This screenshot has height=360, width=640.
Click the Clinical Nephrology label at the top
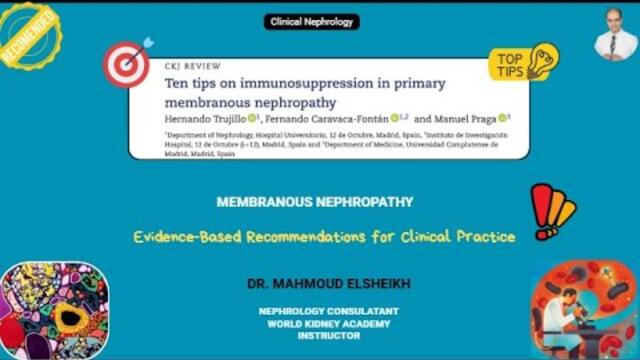coord(313,21)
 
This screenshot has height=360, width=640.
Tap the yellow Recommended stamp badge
coord(28,38)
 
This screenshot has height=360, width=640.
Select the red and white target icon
coord(126,64)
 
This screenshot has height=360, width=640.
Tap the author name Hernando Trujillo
coord(206,118)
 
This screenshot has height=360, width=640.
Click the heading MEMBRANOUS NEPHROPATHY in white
coord(315,202)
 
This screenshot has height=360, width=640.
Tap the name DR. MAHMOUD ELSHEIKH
coord(315,285)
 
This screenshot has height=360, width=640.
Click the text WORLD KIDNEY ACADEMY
coord(315,322)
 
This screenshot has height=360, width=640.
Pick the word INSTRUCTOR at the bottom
coord(315,336)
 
